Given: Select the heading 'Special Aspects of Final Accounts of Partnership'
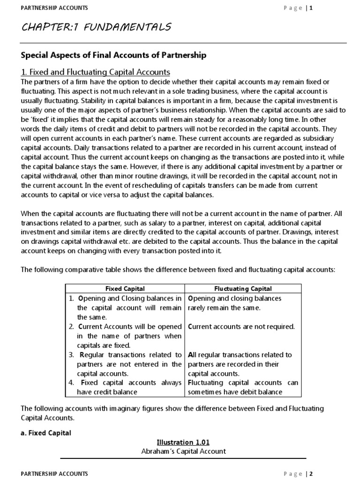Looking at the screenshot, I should point(113,55).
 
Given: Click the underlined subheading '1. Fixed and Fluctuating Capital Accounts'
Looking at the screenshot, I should point(96,72).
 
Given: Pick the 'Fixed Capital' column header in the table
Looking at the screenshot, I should point(125,289).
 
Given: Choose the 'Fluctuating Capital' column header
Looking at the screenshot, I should point(243,289).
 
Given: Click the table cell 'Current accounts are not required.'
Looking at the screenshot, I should point(241,327).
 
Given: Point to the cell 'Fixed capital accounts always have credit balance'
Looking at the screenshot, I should point(125,387).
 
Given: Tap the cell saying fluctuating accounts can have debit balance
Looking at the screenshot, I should point(243,387).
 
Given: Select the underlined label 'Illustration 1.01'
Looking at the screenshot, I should point(183,442).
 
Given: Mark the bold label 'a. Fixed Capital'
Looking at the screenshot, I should point(46,433).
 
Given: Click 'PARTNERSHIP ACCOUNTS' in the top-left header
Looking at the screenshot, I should point(54,8).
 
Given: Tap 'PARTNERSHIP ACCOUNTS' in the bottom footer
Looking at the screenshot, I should point(54,474).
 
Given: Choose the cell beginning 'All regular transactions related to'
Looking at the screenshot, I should point(240,364).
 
